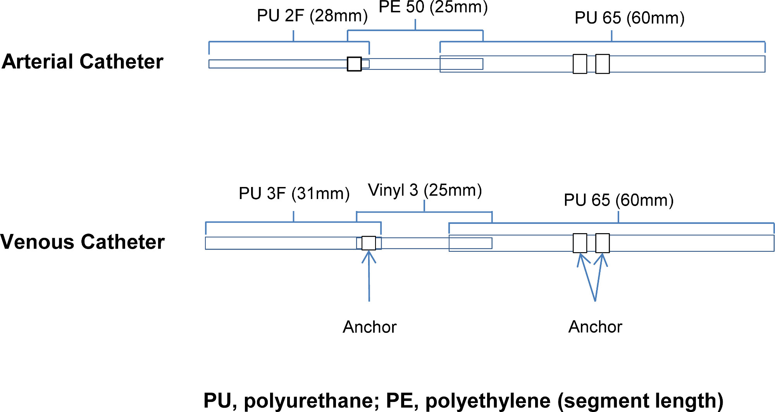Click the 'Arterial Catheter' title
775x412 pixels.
(x=83, y=62)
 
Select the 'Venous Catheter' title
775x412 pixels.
(x=83, y=242)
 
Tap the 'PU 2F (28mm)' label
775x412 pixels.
(x=312, y=16)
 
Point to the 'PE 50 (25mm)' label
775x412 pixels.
(x=433, y=7)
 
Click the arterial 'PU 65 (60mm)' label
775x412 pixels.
(x=629, y=18)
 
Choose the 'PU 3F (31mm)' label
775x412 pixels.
(x=294, y=193)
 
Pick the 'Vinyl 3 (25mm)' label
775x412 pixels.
(x=425, y=190)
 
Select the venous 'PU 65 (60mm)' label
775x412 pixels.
(x=618, y=200)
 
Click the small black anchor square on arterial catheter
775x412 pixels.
(x=354, y=64)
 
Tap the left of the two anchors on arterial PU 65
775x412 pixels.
(x=580, y=64)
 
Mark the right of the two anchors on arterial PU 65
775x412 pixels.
(x=602, y=64)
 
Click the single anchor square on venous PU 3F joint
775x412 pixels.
(x=369, y=243)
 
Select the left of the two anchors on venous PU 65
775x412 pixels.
(x=580, y=243)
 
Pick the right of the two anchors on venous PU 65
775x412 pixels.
(x=602, y=243)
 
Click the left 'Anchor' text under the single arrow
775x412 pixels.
(x=370, y=327)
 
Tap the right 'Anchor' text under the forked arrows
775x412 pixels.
(x=595, y=327)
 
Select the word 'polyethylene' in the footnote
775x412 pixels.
(x=488, y=401)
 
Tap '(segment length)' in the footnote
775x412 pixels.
(x=640, y=401)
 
